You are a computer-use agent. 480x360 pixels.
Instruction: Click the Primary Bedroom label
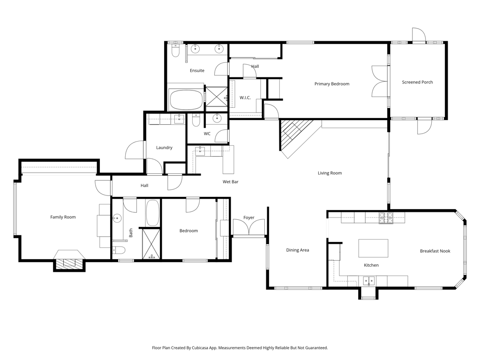tap(332, 84)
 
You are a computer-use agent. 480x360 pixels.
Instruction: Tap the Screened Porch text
tap(417, 82)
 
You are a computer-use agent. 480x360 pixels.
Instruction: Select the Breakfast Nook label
tap(435, 251)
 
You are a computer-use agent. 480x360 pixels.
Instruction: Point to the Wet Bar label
tap(231, 182)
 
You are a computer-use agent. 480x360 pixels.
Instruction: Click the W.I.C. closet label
tap(245, 97)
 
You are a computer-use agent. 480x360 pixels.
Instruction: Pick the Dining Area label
tap(298, 250)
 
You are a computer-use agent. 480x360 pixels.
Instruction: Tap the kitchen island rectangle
tap(373, 248)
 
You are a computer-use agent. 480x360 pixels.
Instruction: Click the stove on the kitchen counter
tap(386, 218)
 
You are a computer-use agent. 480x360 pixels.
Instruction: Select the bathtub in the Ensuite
tap(186, 100)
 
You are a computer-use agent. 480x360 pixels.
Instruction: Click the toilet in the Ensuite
tap(175, 51)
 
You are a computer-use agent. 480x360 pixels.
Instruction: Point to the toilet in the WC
tap(196, 120)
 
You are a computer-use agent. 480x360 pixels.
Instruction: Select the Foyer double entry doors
tap(248, 227)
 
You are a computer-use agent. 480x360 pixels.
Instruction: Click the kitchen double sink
tap(369, 280)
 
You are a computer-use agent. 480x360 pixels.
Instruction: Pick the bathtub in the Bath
tap(152, 213)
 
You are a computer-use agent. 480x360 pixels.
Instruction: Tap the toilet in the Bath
tap(119, 250)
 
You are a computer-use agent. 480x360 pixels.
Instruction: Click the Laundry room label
tap(164, 148)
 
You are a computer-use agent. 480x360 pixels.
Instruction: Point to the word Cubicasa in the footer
tap(201, 348)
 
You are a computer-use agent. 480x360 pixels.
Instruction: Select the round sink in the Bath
tap(117, 218)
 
